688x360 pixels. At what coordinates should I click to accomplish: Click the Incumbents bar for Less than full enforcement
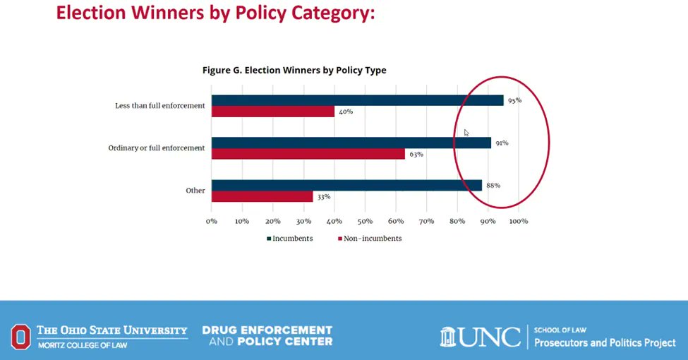pos(357,100)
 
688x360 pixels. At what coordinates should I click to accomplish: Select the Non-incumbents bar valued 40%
pos(272,112)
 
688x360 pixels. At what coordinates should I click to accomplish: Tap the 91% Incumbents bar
pos(351,143)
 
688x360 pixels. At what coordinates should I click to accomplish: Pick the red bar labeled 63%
pos(308,154)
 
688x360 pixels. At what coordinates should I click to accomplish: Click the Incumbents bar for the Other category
pos(346,186)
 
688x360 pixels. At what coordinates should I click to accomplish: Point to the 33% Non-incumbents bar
pos(262,197)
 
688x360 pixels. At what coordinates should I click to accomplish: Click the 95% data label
pos(514,100)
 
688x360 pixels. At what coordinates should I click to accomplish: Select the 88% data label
pos(493,186)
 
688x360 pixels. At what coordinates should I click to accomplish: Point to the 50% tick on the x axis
pos(365,221)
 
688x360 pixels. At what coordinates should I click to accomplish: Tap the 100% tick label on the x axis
pos(518,221)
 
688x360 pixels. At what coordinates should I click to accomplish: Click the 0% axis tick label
pos(212,221)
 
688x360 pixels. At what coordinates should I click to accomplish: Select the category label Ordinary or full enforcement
pos(156,148)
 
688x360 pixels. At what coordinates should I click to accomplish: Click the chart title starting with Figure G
pos(294,70)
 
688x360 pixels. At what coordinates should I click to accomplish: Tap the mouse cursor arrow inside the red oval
pos(466,133)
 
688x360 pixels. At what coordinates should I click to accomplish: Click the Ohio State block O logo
pos(20,336)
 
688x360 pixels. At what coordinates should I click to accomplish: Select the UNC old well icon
pos(448,337)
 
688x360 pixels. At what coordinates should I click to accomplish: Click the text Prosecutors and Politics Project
pos(605,343)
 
